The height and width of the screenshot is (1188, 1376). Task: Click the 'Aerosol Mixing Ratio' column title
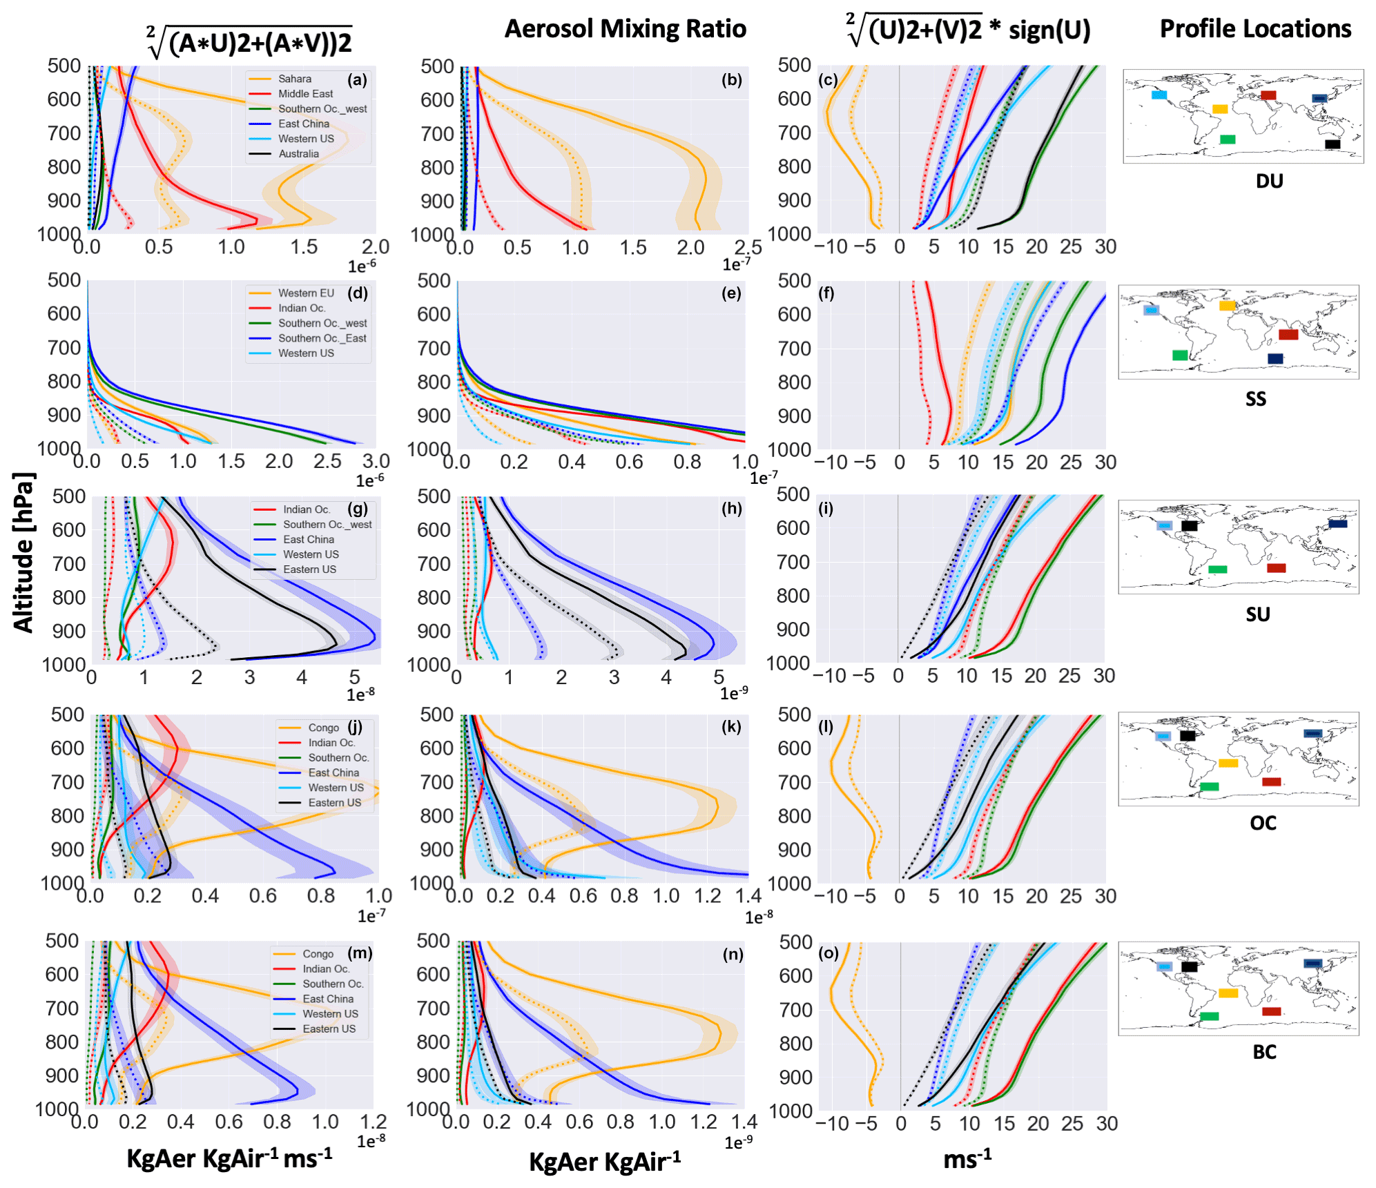(625, 29)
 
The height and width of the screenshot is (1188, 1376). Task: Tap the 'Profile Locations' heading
(1254, 29)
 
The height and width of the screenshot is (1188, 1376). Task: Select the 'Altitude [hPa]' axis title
(23, 552)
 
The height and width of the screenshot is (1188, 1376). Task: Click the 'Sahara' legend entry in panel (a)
(295, 79)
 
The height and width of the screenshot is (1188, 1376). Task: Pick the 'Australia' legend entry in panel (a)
(298, 154)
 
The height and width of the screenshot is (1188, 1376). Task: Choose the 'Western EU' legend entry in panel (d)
(306, 293)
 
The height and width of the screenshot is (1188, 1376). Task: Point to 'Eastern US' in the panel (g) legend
(309, 569)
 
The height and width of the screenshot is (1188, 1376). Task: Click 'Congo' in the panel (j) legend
(323, 728)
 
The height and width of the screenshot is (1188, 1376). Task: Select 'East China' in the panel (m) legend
(328, 999)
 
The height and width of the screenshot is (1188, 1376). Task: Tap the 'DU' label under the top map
(1269, 182)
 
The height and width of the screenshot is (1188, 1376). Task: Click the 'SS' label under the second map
(1255, 399)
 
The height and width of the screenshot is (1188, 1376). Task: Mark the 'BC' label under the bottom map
(1264, 1052)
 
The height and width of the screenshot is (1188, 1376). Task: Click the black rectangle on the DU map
(1333, 144)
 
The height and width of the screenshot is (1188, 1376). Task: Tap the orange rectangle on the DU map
(1220, 109)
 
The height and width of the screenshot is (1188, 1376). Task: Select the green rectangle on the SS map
(1180, 356)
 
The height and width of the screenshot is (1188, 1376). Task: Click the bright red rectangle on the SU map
(1276, 568)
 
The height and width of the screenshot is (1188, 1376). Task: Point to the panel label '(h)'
(731, 509)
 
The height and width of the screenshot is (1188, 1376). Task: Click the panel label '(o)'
(828, 953)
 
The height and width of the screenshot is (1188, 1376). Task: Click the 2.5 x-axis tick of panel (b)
(748, 247)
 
